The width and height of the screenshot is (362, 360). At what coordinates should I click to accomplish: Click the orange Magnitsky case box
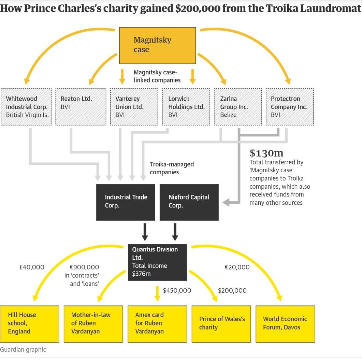click(x=158, y=45)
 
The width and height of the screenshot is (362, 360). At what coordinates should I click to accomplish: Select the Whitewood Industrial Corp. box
click(x=26, y=107)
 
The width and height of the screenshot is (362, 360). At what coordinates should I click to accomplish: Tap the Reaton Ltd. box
click(x=80, y=107)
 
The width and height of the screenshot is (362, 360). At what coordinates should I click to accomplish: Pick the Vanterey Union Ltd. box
click(x=134, y=107)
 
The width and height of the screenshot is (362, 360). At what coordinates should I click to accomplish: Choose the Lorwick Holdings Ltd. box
click(x=186, y=107)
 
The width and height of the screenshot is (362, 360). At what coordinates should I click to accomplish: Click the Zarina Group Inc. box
click(x=238, y=107)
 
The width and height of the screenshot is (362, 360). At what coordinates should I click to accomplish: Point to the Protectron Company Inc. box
click(x=290, y=107)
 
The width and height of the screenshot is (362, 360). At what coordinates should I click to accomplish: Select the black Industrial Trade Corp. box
click(x=125, y=202)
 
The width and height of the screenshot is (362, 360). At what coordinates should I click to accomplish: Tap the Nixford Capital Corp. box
click(x=189, y=202)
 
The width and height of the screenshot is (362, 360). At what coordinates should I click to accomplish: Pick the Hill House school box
click(x=29, y=323)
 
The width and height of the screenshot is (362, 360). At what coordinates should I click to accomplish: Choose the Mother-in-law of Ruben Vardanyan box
click(x=94, y=323)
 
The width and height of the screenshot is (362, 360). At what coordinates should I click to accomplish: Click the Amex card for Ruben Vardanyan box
click(x=157, y=323)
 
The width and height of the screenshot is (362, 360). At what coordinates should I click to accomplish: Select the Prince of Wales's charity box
click(x=221, y=323)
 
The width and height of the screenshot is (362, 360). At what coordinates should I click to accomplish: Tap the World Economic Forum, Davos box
click(x=285, y=323)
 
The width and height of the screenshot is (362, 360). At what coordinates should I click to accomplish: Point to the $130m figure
click(x=266, y=153)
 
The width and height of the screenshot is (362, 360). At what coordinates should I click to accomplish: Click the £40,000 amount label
click(x=32, y=267)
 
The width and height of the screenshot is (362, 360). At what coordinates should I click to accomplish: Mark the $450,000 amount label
click(x=177, y=291)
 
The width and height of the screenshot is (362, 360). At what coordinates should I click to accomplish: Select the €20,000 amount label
click(x=237, y=267)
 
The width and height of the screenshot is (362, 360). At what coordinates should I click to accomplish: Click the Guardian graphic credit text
click(x=23, y=350)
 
